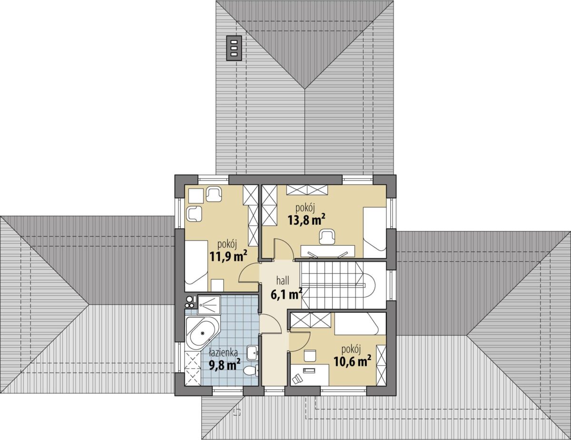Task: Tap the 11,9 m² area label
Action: (x=229, y=256)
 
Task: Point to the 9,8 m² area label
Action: (x=225, y=365)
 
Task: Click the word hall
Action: (x=283, y=281)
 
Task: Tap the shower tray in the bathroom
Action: (x=209, y=305)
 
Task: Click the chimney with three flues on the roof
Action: (x=234, y=48)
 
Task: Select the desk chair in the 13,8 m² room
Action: (x=327, y=237)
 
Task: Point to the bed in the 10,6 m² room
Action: (x=356, y=325)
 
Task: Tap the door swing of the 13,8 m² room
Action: (x=284, y=248)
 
